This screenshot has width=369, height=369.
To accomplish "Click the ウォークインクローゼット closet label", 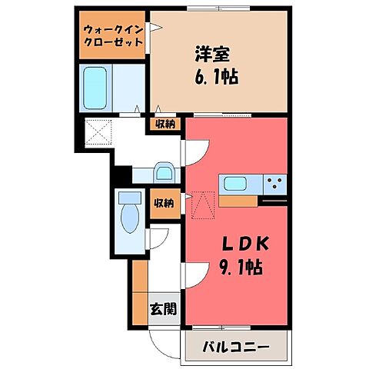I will [x=113, y=35].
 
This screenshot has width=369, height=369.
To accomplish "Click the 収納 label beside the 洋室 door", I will [x=163, y=122].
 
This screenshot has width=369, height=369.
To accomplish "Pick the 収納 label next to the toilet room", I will [x=162, y=203].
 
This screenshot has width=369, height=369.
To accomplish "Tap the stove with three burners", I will [x=274, y=184].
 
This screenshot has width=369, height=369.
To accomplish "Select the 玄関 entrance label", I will [x=162, y=309].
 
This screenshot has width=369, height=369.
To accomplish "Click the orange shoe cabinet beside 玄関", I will [x=139, y=292].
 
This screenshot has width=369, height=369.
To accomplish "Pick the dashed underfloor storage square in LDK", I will [x=202, y=204].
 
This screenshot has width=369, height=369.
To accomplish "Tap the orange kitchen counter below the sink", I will [x=239, y=201].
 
